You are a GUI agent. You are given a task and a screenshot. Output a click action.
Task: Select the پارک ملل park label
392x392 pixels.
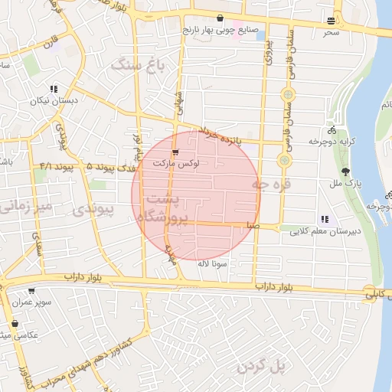tap(347, 184)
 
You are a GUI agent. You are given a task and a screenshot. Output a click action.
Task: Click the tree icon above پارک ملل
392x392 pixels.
tap(347, 171)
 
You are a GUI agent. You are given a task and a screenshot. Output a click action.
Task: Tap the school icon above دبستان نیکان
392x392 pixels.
tap(54, 90)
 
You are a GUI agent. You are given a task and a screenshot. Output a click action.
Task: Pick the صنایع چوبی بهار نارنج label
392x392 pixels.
tap(220, 31)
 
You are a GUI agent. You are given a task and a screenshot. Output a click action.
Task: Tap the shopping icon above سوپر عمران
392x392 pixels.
tap(31, 291)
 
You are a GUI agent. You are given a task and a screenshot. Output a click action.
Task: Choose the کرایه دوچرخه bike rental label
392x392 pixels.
tap(330, 142)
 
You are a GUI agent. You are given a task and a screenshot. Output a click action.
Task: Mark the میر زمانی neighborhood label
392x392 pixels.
tap(26, 205)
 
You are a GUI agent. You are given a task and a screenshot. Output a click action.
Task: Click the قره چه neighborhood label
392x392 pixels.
tap(272, 185)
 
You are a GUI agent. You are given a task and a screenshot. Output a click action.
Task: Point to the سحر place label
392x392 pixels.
tap(330, 32)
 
